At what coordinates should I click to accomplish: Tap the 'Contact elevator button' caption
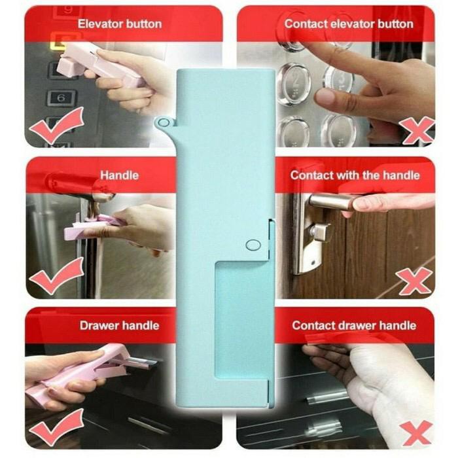(x=348, y=24)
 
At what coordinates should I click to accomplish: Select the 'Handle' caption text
(x=119, y=175)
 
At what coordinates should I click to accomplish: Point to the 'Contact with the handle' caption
(x=355, y=175)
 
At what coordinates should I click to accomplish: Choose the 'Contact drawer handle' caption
(x=353, y=325)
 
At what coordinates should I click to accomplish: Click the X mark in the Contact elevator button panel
(x=418, y=130)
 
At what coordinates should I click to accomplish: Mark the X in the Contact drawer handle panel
(x=417, y=432)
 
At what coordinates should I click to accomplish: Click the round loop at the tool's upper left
(x=163, y=122)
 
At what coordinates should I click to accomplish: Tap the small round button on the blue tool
(x=252, y=245)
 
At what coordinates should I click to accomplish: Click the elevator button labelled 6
(x=62, y=98)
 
